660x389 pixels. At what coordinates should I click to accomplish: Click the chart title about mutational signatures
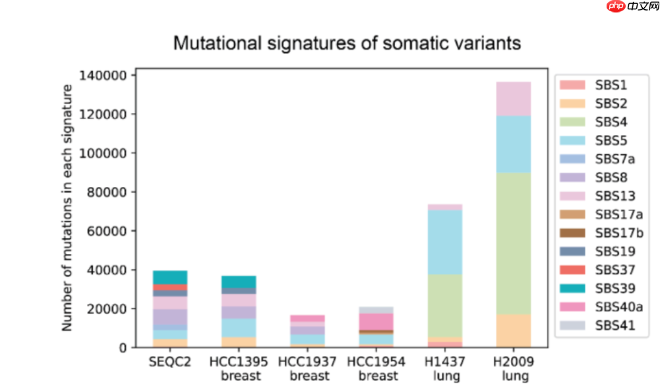pyautogui.click(x=347, y=43)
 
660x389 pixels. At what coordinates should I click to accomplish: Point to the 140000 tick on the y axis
pyautogui.click(x=103, y=76)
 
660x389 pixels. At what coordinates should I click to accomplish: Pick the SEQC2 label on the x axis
pyautogui.click(x=170, y=361)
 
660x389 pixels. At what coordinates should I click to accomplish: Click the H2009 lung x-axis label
pyautogui.click(x=514, y=369)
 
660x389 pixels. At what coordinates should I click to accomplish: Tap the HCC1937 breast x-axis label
pyautogui.click(x=308, y=369)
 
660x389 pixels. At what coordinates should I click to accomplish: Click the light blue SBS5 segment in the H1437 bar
pyautogui.click(x=445, y=242)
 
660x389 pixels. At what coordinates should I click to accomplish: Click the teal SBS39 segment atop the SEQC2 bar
pyautogui.click(x=170, y=277)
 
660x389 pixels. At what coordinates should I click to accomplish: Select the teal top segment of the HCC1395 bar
pyautogui.click(x=239, y=282)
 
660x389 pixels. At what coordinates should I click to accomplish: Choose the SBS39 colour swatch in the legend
pyautogui.click(x=572, y=288)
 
